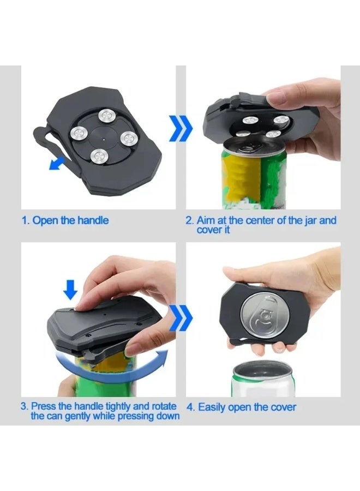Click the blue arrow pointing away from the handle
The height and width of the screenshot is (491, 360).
pyautogui.click(x=57, y=161)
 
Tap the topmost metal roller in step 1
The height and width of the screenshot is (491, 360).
pyautogui.click(x=105, y=116)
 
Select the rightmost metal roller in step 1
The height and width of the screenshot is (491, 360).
pyautogui.click(x=126, y=137)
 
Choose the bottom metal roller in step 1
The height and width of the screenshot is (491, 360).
pyautogui.click(x=98, y=157)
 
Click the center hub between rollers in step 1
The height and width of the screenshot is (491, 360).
pyautogui.click(x=103, y=136)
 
